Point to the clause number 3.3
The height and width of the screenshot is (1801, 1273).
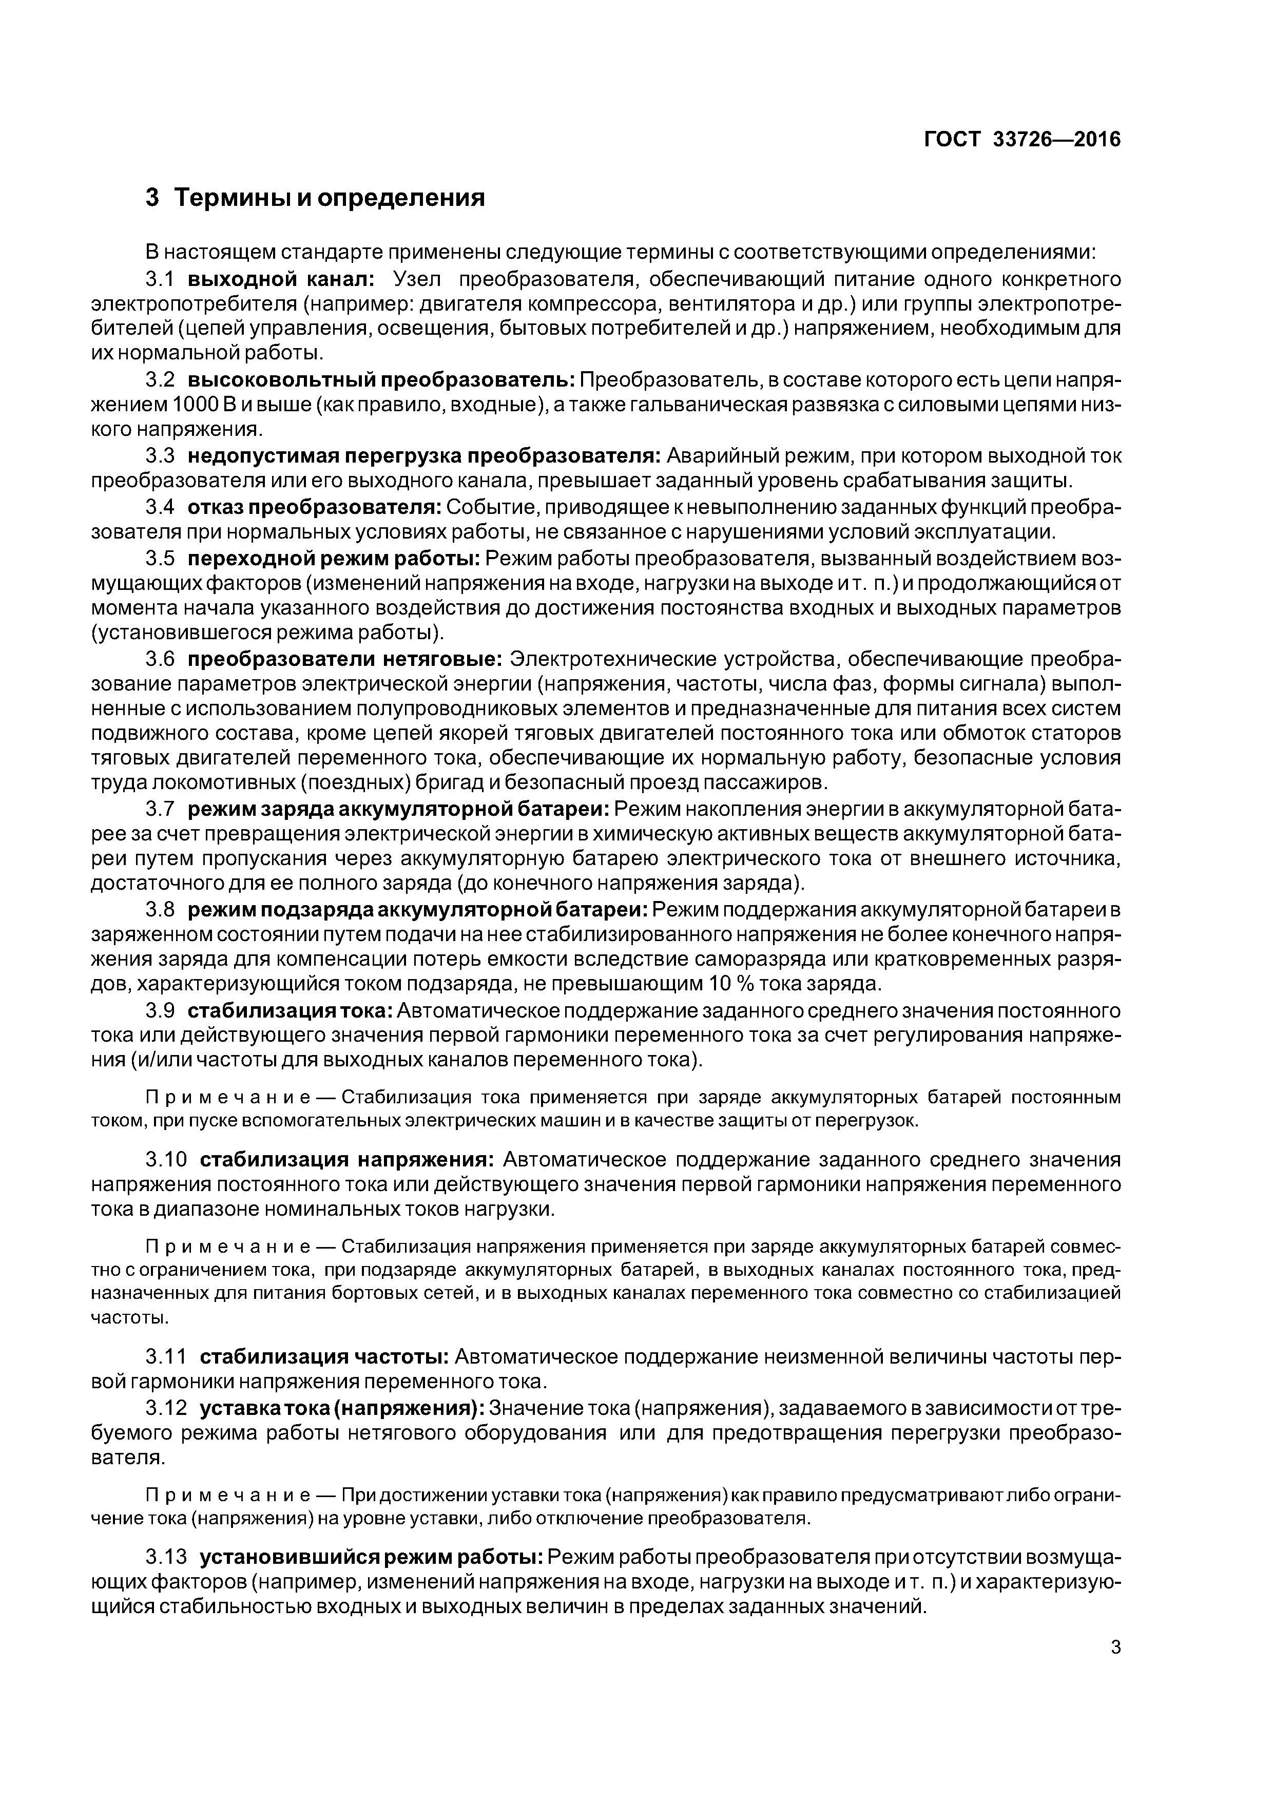[x=159, y=456]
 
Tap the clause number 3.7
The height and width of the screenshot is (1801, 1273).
[x=159, y=809]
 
